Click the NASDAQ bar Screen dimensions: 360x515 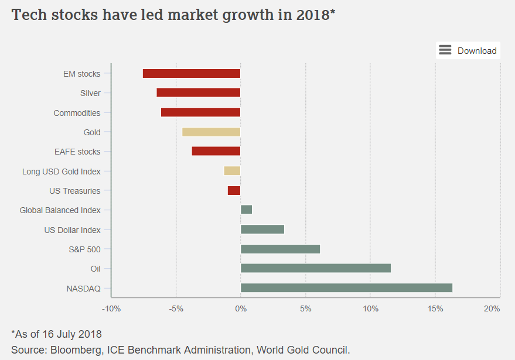[x=346, y=288]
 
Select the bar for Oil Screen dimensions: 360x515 [x=316, y=268]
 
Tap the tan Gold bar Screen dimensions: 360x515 [x=211, y=132]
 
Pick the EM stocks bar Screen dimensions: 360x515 [x=192, y=73]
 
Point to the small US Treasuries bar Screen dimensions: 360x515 [x=234, y=190]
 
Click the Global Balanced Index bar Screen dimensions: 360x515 [x=246, y=210]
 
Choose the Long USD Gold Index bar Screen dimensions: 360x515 [x=232, y=171]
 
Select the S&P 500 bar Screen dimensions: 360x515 [x=280, y=249]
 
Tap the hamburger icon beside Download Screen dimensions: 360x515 [x=445, y=50]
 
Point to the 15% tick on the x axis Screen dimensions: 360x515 [x=435, y=308]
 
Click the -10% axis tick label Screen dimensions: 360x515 [x=111, y=308]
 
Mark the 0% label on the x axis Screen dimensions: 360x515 [x=240, y=308]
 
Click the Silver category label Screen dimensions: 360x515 [x=90, y=93]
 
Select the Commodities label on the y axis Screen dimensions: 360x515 [x=77, y=113]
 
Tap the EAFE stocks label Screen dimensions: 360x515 [x=77, y=152]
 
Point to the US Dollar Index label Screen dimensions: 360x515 [x=72, y=230]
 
